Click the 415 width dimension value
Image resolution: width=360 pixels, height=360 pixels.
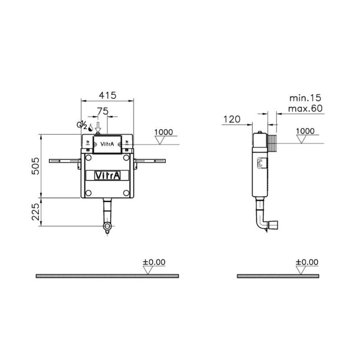click(108, 95)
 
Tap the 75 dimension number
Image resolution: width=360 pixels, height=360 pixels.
click(102, 111)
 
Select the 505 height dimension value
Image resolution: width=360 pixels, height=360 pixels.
click(36, 166)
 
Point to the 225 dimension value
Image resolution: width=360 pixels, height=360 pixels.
click(36, 212)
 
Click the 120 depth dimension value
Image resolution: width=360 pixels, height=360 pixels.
click(232, 119)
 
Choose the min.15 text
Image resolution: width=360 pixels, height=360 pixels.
click(305, 98)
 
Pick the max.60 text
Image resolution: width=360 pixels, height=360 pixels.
click(305, 108)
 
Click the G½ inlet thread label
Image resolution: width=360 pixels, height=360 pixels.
click(82, 125)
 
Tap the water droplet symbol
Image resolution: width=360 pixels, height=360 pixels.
click(91, 128)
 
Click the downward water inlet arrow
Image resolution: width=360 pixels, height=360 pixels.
click(98, 127)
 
